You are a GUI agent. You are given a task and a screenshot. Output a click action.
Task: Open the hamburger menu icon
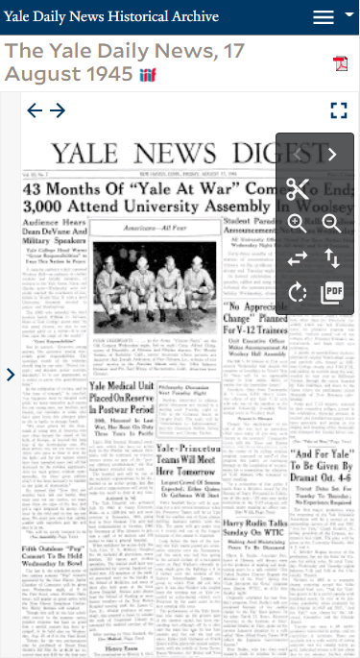click(x=324, y=17)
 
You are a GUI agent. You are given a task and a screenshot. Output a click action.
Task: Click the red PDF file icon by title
click(x=340, y=63)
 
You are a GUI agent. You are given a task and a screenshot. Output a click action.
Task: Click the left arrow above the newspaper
click(x=35, y=110)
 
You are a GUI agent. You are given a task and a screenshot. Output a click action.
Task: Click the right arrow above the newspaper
click(x=58, y=110)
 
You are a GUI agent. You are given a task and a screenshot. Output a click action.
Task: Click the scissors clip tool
click(x=298, y=188)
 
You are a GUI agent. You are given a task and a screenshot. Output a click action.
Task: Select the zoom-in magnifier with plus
click(x=298, y=223)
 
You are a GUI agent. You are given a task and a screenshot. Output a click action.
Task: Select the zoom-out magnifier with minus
click(x=332, y=223)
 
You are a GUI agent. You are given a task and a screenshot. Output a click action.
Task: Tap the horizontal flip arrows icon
click(x=298, y=257)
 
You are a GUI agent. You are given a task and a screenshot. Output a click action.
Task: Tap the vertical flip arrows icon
click(x=332, y=257)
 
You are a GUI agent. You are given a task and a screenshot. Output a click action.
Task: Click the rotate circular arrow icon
click(x=298, y=292)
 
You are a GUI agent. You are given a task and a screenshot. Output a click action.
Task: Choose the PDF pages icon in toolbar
click(x=332, y=292)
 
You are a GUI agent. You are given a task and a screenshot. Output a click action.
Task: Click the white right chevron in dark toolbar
click(x=332, y=154)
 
